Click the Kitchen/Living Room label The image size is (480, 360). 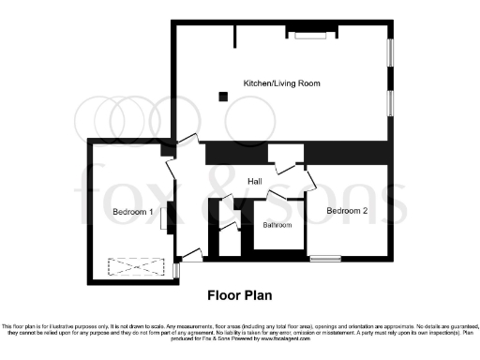281,83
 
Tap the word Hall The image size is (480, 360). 254,181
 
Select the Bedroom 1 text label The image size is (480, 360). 132,212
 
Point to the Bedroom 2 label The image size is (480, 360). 347,211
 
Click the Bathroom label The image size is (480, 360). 277,225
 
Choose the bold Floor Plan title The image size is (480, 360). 239,294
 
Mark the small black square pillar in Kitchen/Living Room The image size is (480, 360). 222,95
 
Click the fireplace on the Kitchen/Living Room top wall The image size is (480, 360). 308,35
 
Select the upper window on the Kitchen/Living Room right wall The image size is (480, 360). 391,52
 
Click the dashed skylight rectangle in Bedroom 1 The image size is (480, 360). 131,267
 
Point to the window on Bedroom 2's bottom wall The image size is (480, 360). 325,258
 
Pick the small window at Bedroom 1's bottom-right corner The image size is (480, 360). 176,270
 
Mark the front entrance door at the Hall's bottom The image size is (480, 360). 192,253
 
